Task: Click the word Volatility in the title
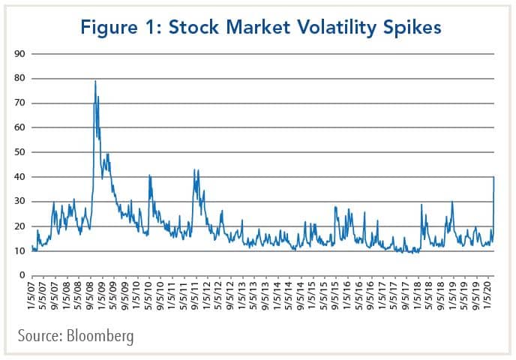point(325,28)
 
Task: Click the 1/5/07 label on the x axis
point(32,294)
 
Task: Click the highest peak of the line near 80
point(95,80)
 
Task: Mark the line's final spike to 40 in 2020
point(493,177)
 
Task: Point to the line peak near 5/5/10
point(149,175)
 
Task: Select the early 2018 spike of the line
point(422,204)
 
